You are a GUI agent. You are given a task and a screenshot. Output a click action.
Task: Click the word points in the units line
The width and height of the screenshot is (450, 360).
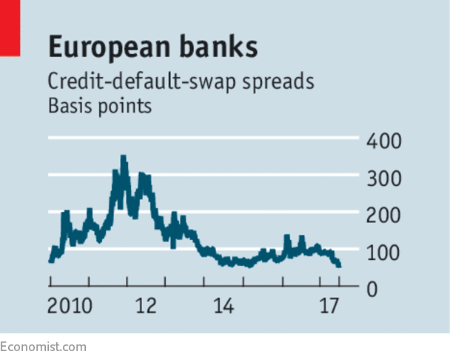click(x=127, y=106)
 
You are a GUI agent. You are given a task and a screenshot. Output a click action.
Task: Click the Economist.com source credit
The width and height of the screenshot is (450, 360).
click(x=43, y=346)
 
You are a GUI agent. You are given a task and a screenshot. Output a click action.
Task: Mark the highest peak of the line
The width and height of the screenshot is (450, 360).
click(x=123, y=157)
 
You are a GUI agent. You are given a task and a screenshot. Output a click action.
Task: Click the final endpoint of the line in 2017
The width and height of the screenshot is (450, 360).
click(x=339, y=264)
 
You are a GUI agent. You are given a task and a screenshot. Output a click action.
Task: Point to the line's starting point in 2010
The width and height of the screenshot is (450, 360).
click(x=50, y=260)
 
